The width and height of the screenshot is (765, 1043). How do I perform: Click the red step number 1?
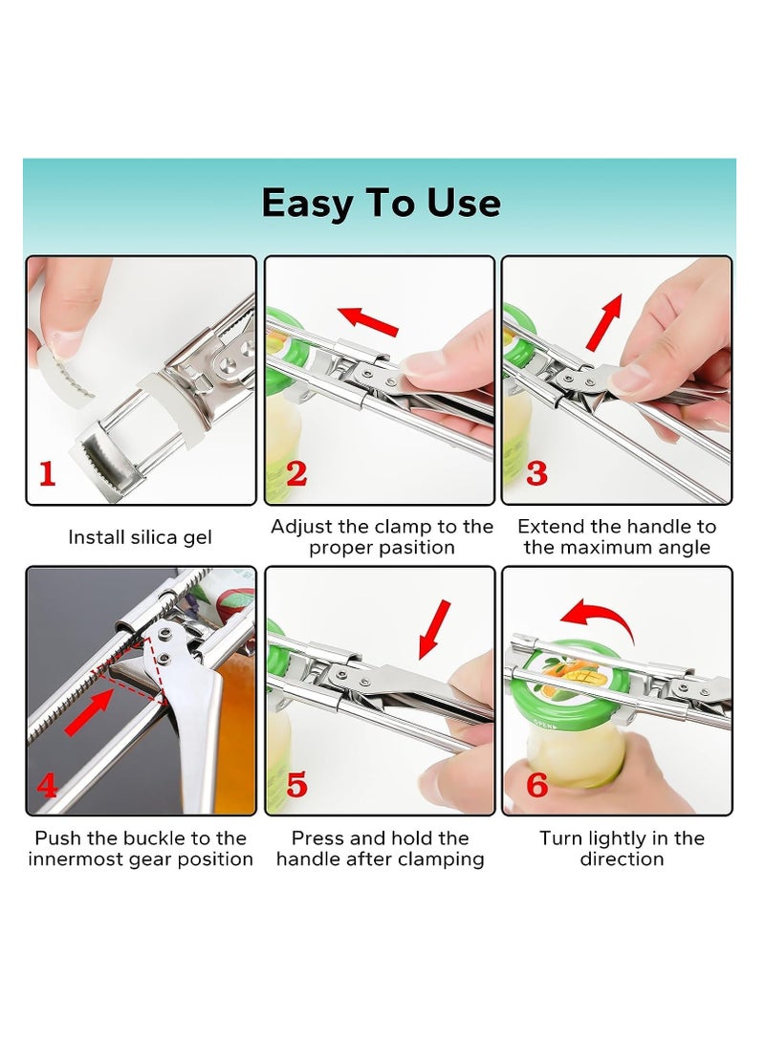(x=47, y=473)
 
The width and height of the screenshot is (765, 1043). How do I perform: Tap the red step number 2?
(x=296, y=473)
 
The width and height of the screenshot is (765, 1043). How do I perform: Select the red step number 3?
(x=536, y=473)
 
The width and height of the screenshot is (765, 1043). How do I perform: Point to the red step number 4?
(x=47, y=786)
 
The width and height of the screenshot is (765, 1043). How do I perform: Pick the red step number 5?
(x=296, y=786)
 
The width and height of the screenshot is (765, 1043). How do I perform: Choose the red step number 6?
(x=536, y=786)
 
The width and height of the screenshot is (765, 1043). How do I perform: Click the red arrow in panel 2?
(x=368, y=320)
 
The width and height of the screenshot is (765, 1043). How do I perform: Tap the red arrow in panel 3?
(x=604, y=322)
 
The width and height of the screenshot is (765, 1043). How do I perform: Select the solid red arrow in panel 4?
(x=89, y=711)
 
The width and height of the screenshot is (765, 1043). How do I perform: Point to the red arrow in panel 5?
(x=434, y=629)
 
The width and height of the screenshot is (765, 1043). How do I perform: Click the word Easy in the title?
(x=307, y=204)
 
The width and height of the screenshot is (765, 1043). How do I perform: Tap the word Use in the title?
(x=464, y=204)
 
